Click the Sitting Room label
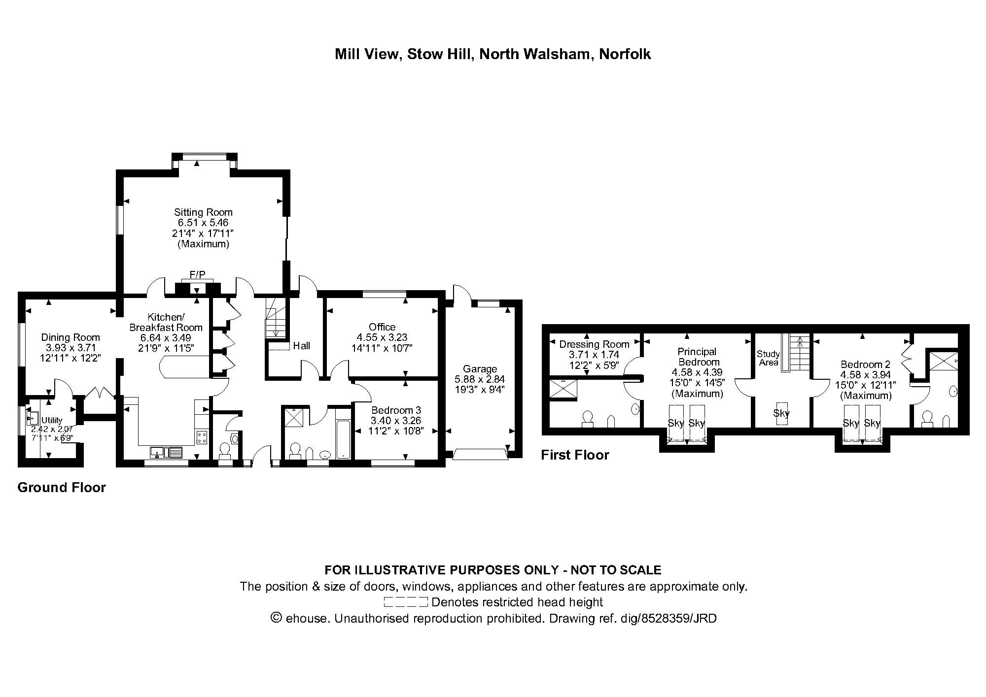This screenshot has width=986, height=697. [203, 212]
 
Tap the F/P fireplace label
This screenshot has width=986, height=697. [197, 275]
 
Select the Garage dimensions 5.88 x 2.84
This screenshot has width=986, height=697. [480, 379]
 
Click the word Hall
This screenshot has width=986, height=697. [301, 346]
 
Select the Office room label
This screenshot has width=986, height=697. [382, 327]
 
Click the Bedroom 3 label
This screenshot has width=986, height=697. [396, 410]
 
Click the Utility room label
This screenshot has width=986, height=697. [52, 420]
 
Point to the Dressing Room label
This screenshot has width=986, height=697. [594, 344]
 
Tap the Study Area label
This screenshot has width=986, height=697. [768, 358]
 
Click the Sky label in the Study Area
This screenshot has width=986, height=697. [781, 413]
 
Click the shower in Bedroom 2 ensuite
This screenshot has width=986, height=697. [943, 362]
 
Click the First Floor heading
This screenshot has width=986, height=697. [575, 455]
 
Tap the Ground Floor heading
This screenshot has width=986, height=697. [62, 488]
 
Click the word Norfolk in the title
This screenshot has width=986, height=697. [625, 54]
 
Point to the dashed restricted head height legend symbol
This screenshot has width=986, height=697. [405, 602]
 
